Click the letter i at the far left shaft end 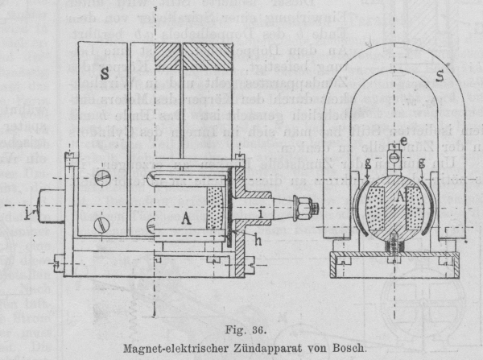[28, 213]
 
